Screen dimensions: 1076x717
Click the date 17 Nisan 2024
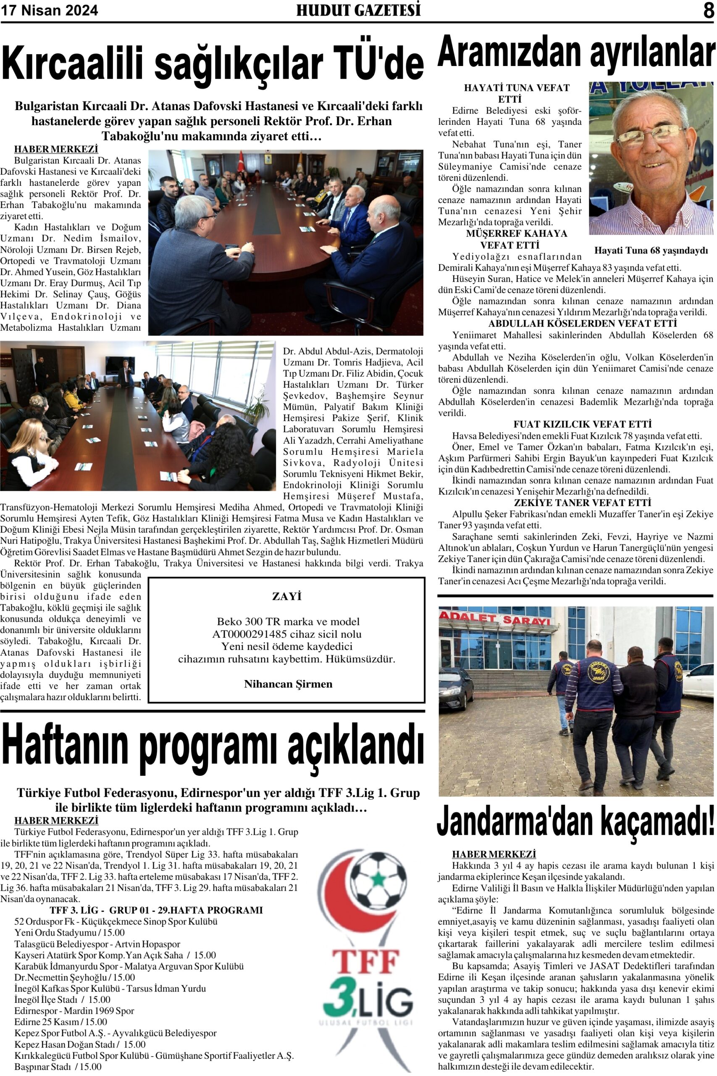click(50, 11)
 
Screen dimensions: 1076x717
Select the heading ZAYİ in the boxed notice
click(287, 596)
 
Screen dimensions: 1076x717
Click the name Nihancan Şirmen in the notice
click(288, 684)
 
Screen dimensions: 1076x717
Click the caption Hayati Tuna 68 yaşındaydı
click(651, 250)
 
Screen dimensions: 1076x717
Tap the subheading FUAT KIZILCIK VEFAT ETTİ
click(576, 424)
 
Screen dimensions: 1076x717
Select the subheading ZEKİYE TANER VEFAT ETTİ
click(576, 503)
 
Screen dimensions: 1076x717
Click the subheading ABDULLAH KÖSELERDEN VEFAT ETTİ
click(576, 324)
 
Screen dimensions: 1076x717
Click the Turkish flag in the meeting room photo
click(241, 163)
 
